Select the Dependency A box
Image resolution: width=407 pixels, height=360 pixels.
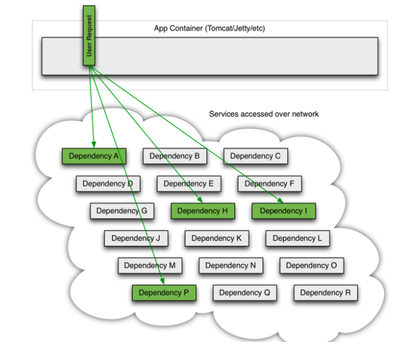[94, 156]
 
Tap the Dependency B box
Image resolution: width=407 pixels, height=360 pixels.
[175, 156]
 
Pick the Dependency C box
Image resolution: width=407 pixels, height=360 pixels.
[255, 156]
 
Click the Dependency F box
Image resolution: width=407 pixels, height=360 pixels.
[269, 183]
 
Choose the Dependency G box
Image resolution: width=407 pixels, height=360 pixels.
[122, 210]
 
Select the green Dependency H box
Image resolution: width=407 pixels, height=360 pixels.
[203, 210]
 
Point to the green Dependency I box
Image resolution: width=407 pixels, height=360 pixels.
[284, 210]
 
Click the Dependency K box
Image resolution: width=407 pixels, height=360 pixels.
[217, 238]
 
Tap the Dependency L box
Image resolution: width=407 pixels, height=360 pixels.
[298, 238]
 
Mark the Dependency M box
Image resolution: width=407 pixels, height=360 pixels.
[150, 265]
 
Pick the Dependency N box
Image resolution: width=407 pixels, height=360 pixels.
[231, 265]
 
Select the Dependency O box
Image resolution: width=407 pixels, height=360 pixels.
[311, 265]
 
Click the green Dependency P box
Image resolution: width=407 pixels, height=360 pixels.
[164, 292]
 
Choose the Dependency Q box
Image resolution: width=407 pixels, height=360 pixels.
[245, 292]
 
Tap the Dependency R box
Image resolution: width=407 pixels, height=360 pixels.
[326, 292]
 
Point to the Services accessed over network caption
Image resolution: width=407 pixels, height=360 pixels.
[264, 114]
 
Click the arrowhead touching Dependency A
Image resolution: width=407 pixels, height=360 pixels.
[94, 145]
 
